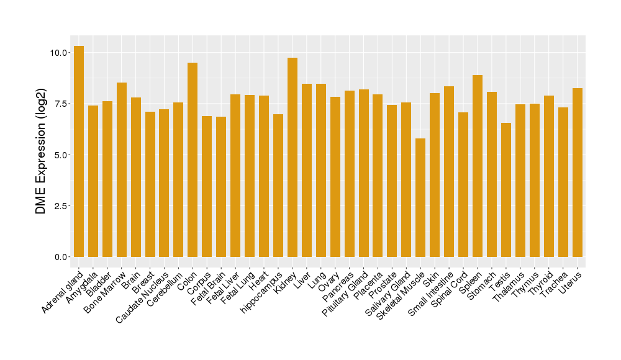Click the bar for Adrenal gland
(79, 151)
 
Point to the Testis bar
(506, 190)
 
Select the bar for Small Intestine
(449, 171)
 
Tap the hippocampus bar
(278, 186)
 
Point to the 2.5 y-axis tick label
(61, 206)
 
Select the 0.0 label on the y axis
(61, 257)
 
